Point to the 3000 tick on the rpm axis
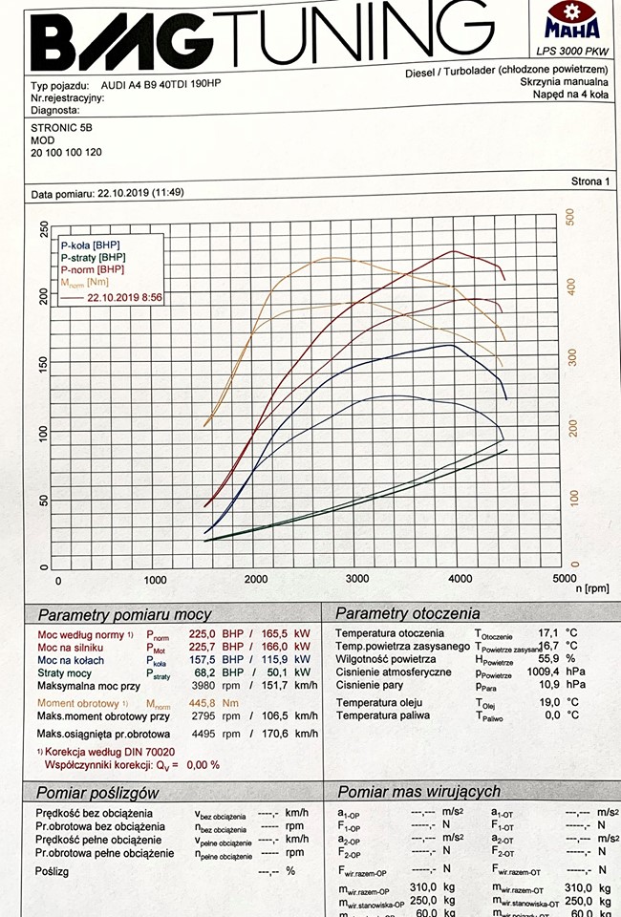(x=357, y=579)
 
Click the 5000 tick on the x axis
(x=564, y=579)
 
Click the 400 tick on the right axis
(x=571, y=285)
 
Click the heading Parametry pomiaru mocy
(x=124, y=614)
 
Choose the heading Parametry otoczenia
(x=407, y=613)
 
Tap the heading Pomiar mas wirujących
(x=418, y=791)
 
